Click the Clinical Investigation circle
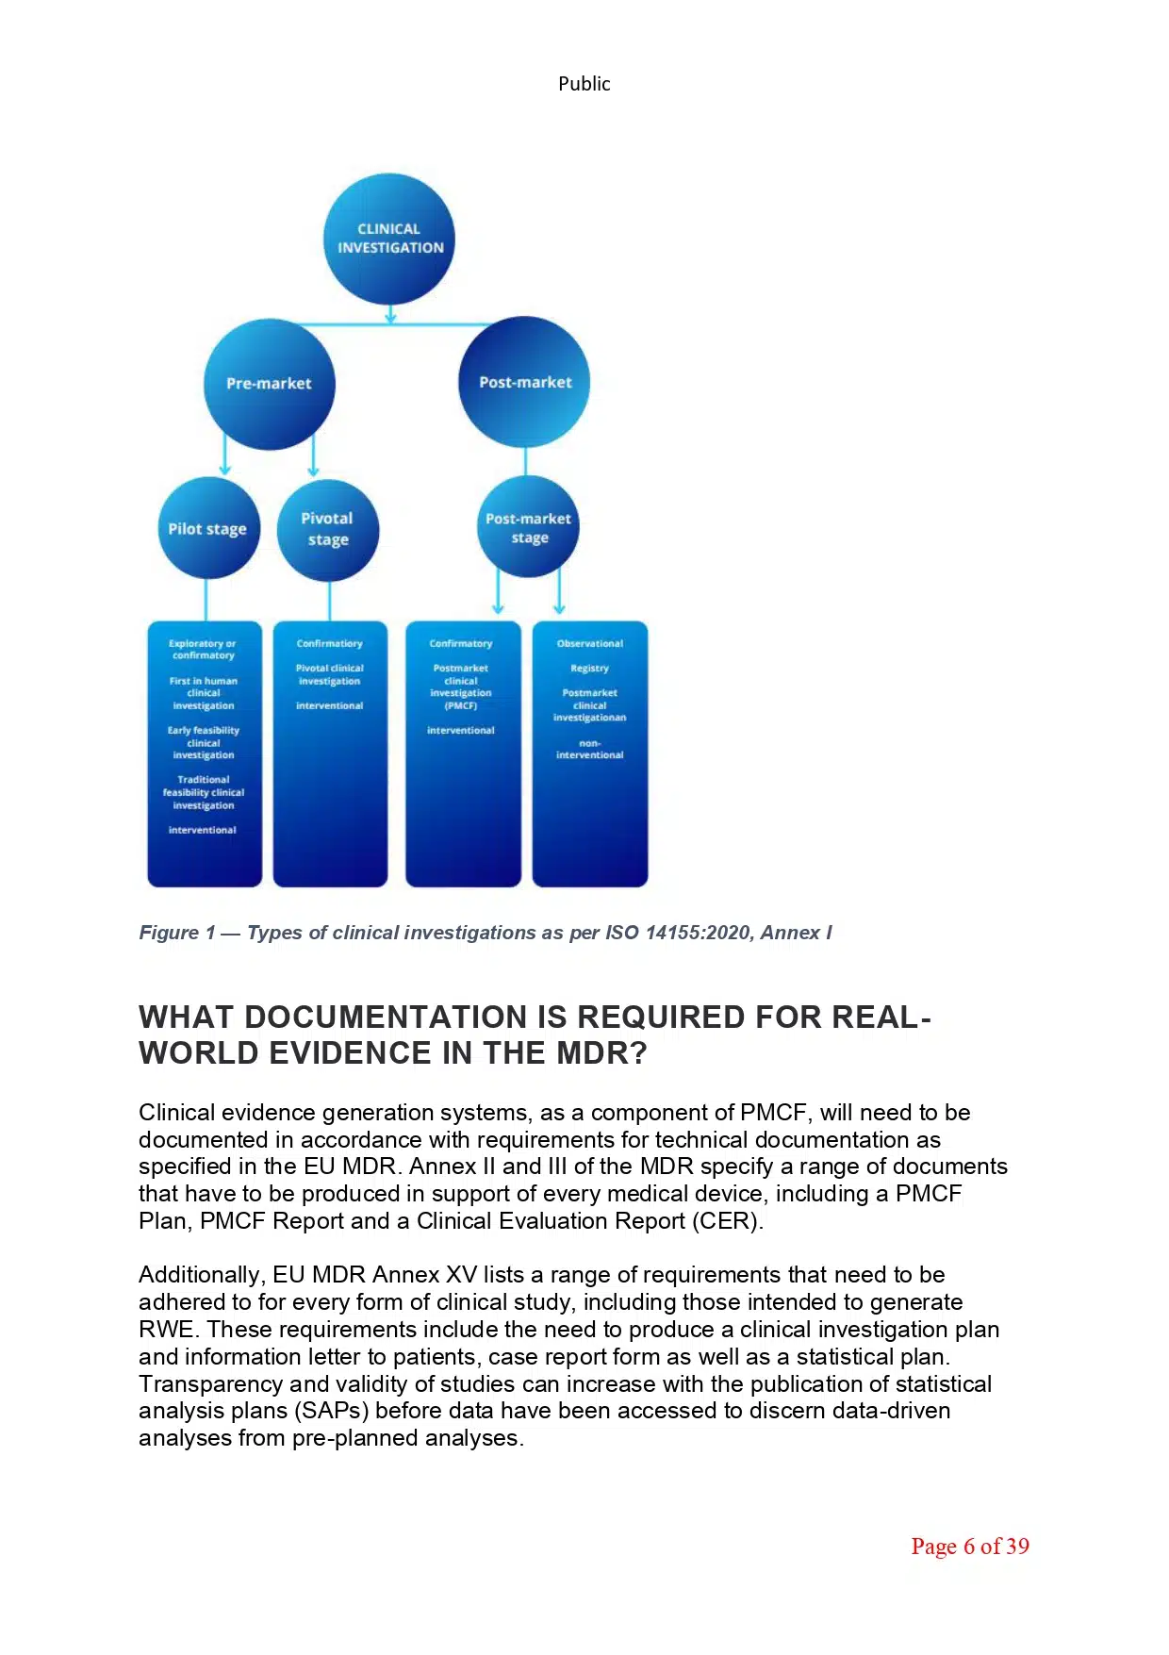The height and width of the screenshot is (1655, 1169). pyautogui.click(x=389, y=239)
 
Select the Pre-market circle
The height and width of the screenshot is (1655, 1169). pyautogui.click(x=270, y=384)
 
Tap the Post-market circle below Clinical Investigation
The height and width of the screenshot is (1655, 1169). pyautogui.click(x=524, y=382)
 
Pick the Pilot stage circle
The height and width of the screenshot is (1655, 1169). pyautogui.click(x=207, y=528)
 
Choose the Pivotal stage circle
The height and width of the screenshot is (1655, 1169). pyautogui.click(x=328, y=529)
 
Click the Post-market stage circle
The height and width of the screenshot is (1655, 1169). pyautogui.click(x=528, y=528)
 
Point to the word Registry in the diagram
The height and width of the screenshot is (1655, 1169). pyautogui.click(x=589, y=669)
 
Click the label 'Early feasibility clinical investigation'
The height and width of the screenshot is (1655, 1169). pyautogui.click(x=204, y=743)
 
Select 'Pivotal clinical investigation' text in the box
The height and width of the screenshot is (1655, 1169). pyautogui.click(x=329, y=674)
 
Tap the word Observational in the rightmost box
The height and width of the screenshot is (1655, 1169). pyautogui.click(x=589, y=644)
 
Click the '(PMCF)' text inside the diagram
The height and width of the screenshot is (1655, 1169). pyautogui.click(x=460, y=705)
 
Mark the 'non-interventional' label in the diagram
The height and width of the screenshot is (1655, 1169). pyautogui.click(x=589, y=750)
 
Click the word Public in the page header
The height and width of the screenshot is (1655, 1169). pyautogui.click(x=584, y=84)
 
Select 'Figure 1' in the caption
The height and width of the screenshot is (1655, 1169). pyautogui.click(x=176, y=933)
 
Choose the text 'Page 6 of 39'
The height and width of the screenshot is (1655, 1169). pyautogui.click(x=969, y=1547)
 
